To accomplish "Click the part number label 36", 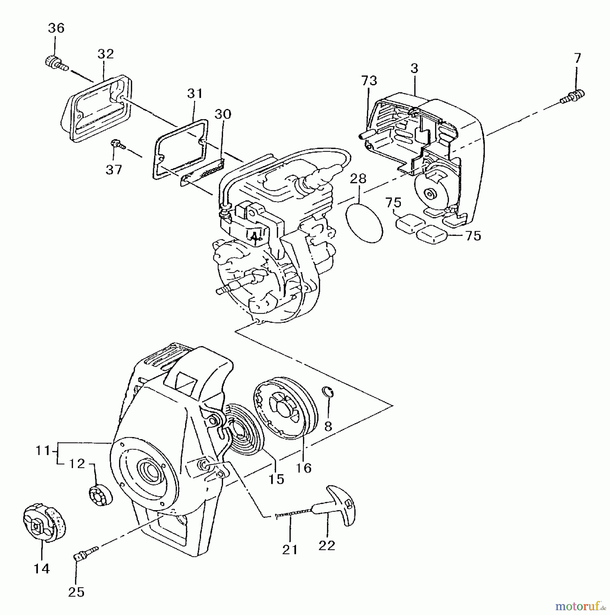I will click(x=56, y=28).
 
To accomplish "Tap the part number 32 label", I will click(x=106, y=54).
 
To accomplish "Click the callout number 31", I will click(x=195, y=93).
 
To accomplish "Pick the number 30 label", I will click(x=223, y=114).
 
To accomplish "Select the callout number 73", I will click(x=369, y=81).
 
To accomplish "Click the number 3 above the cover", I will click(x=414, y=68).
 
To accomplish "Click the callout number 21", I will click(x=290, y=550).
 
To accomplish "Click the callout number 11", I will click(x=43, y=451).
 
